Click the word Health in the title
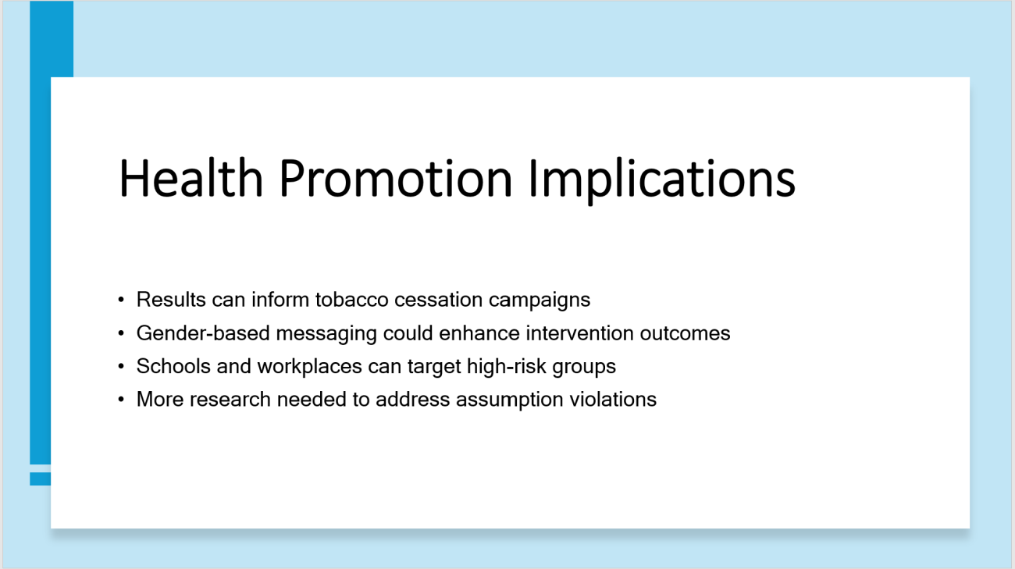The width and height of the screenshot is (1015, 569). pyautogui.click(x=191, y=178)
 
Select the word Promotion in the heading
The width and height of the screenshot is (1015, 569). pyautogui.click(x=396, y=178)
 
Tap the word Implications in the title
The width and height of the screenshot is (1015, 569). pyautogui.click(x=662, y=180)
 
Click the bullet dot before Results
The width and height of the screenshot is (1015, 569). pyautogui.click(x=121, y=300)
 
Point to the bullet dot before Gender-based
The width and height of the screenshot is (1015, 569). pyautogui.click(x=121, y=333)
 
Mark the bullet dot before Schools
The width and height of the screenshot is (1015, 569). pyautogui.click(x=121, y=366)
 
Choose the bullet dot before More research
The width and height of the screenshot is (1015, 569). pyautogui.click(x=121, y=399)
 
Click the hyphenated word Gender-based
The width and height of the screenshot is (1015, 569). pyautogui.click(x=204, y=333)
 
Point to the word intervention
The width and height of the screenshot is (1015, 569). pyautogui.click(x=579, y=333)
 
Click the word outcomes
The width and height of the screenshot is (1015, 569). pyautogui.click(x=686, y=334)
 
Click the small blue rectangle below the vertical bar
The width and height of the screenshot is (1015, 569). pyautogui.click(x=41, y=478)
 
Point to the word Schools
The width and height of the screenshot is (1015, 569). pyautogui.click(x=173, y=366)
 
